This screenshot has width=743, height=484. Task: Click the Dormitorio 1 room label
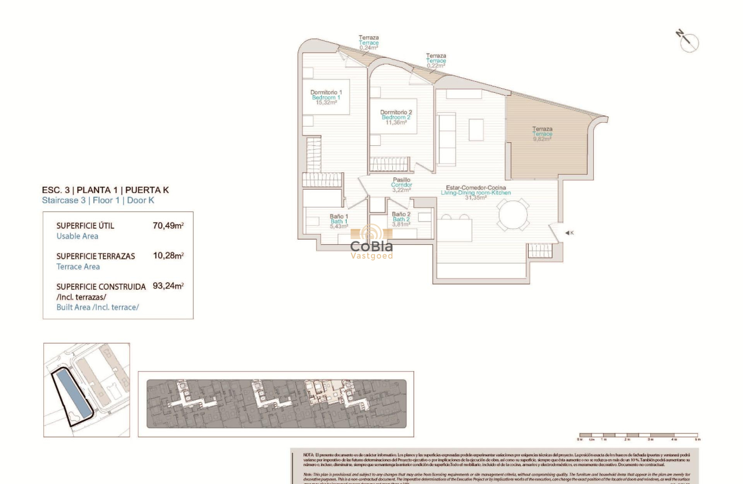click(326, 92)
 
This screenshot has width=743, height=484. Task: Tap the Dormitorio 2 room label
click(396, 112)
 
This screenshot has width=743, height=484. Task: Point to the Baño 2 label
click(401, 214)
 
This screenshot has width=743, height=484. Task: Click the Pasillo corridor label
click(401, 180)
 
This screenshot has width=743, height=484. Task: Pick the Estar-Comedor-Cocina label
click(476, 188)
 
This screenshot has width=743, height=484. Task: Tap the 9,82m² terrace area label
click(542, 139)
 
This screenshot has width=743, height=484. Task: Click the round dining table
click(513, 215)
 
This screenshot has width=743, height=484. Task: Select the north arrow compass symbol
click(688, 41)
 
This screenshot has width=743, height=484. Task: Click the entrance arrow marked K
click(569, 233)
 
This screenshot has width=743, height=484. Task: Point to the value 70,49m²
click(168, 226)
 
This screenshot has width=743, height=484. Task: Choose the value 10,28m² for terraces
click(168, 256)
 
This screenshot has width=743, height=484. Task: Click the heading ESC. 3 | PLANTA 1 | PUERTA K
click(105, 190)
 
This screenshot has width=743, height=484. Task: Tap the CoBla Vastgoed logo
click(371, 243)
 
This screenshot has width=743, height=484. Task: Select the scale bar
click(638, 436)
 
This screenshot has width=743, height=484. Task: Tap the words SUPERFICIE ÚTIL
click(85, 226)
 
